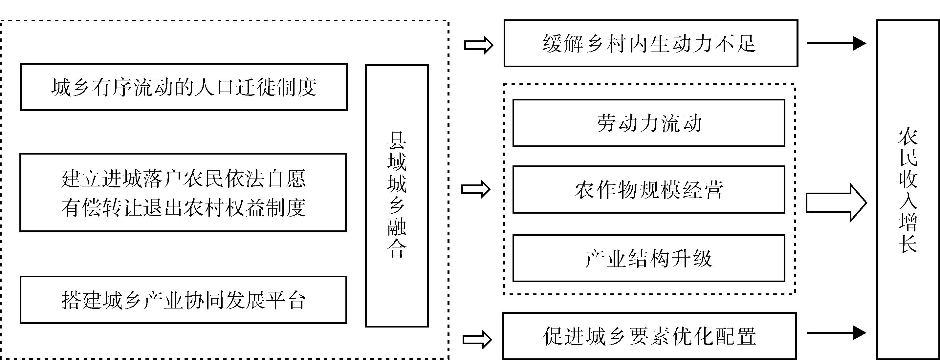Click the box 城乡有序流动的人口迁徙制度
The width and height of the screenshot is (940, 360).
pyautogui.click(x=184, y=87)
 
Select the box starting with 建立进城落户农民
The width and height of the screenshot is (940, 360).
pyautogui.click(x=183, y=193)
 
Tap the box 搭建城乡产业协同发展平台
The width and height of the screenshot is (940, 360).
pyautogui.click(x=183, y=300)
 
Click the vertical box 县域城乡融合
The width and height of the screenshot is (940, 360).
pyautogui.click(x=397, y=196)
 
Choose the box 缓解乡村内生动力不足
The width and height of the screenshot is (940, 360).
pyautogui.click(x=651, y=43)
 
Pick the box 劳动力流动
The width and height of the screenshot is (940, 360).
pyautogui.click(x=649, y=123)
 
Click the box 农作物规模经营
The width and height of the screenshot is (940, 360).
pyautogui.click(x=649, y=190)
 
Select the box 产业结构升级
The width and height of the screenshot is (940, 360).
pyautogui.click(x=649, y=258)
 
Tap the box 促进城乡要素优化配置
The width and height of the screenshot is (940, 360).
pyautogui.click(x=649, y=336)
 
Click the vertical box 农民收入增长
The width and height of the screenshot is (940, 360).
pyautogui.click(x=907, y=190)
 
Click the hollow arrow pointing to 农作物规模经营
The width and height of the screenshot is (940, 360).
pyautogui.click(x=476, y=189)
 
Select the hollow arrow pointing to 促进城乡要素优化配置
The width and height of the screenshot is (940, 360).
pyautogui.click(x=477, y=340)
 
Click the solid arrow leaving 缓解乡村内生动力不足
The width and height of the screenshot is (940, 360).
pyautogui.click(x=836, y=43)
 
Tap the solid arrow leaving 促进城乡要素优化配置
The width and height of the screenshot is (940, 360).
pyautogui.click(x=836, y=333)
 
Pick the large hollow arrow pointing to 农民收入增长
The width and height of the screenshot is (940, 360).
pyautogui.click(x=836, y=203)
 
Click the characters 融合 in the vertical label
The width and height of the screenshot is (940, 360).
pyautogui.click(x=397, y=239)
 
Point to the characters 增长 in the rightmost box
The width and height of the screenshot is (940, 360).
pyautogui.click(x=907, y=233)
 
